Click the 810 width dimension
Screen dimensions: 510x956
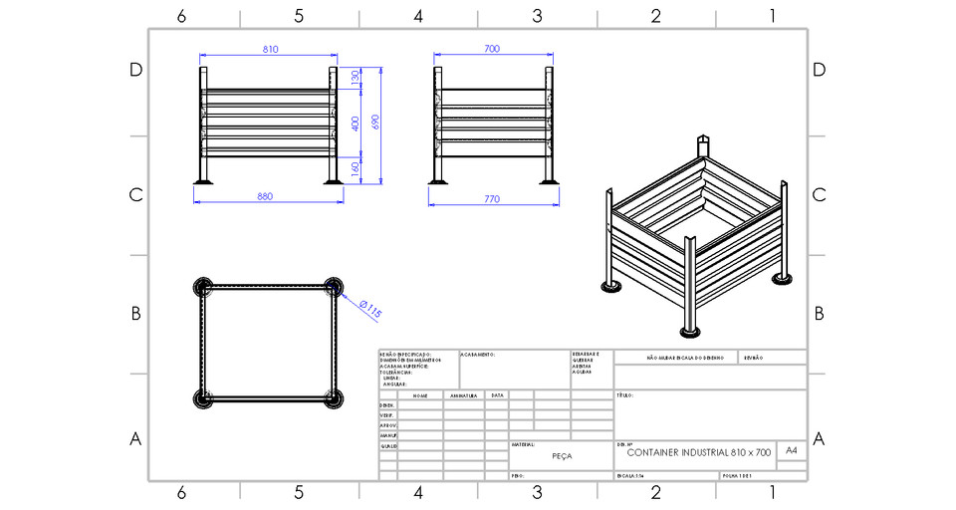pyautogui.click(x=270, y=49)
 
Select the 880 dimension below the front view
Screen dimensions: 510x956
pyautogui.click(x=265, y=196)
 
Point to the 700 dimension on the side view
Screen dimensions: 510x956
pyautogui.click(x=492, y=49)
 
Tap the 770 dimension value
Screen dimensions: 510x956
pyautogui.click(x=492, y=199)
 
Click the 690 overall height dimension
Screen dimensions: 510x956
pyautogui.click(x=375, y=121)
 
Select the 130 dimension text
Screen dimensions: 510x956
pyautogui.click(x=356, y=78)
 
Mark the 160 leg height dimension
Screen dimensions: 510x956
pyautogui.click(x=356, y=168)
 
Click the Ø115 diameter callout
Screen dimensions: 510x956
pyautogui.click(x=369, y=309)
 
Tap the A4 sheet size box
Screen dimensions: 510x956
pyautogui.click(x=792, y=451)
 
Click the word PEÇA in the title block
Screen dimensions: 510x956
pyautogui.click(x=562, y=454)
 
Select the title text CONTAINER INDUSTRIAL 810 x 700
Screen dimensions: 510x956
pyautogui.click(x=699, y=452)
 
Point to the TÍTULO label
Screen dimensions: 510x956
pyautogui.click(x=626, y=395)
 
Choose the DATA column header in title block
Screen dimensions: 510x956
pyautogui.click(x=497, y=395)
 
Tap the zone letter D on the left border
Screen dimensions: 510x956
pyautogui.click(x=136, y=70)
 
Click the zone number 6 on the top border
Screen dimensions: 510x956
pyautogui.click(x=181, y=16)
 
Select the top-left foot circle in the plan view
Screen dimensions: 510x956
pyautogui.click(x=203, y=288)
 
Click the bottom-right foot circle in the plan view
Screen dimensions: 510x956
pyautogui.click(x=336, y=398)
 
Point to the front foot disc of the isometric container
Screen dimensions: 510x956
pyautogui.click(x=688, y=331)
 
